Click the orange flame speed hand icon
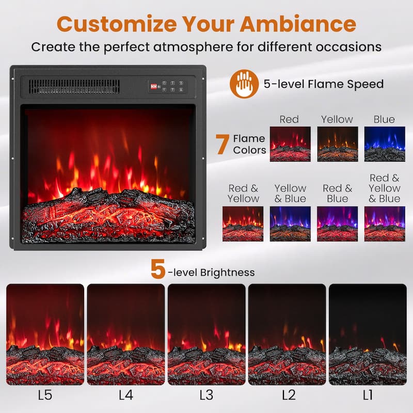coord(244,84)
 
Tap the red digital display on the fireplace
coord(153,86)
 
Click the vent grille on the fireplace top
coord(74,87)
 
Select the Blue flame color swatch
coord(385,144)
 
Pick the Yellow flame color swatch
coord(338,144)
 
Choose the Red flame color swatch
coord(290,144)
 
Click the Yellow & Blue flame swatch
coord(290,224)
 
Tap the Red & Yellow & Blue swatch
coord(385,224)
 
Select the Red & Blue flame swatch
coord(338,224)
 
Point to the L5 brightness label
coord(45,395)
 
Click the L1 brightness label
coord(368,395)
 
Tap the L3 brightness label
coord(206,395)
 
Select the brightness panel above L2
coord(287,334)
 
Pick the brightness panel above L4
coord(126,334)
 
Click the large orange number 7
coord(223,144)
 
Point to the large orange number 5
coord(158,268)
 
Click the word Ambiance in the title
coord(298,24)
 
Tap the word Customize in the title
coord(117,24)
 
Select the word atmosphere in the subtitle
coord(193,47)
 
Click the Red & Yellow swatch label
coord(243,193)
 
